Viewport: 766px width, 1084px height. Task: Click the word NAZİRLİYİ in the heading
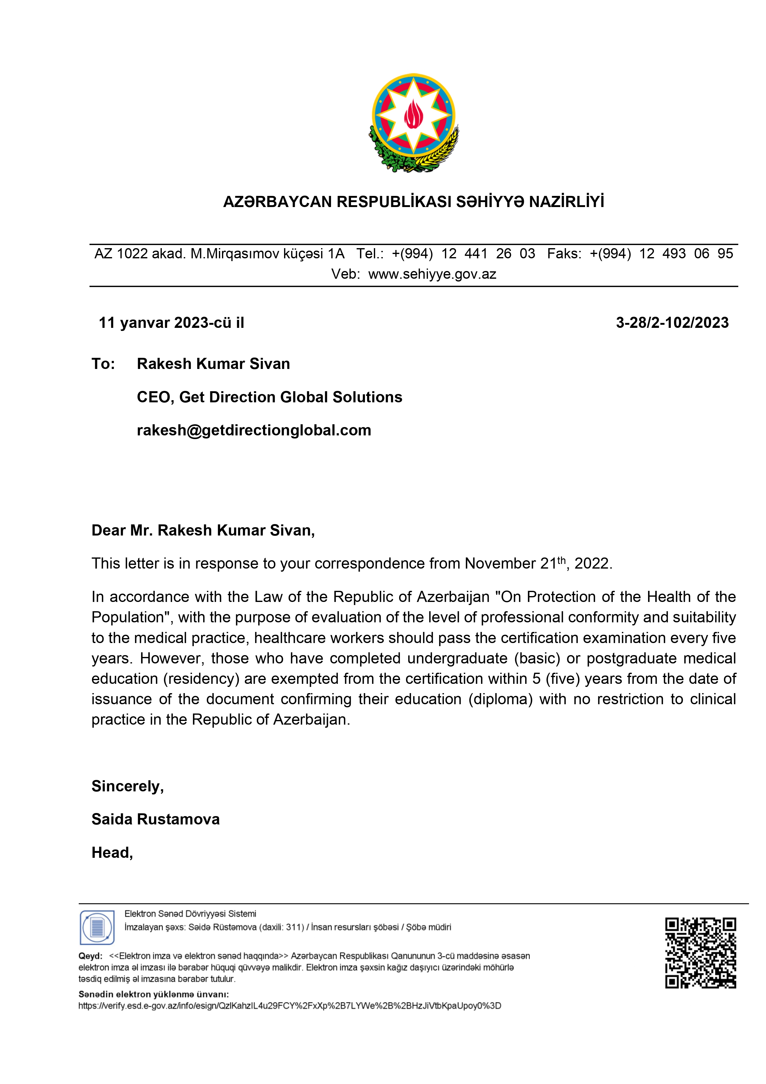tap(567, 202)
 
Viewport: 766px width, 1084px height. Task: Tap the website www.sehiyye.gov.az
tap(432, 274)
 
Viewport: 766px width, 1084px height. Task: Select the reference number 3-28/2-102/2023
tap(672, 323)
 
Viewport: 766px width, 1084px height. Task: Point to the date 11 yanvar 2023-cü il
tap(171, 323)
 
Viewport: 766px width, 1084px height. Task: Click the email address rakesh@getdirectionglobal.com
tap(254, 430)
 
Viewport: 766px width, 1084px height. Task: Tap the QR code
tap(701, 953)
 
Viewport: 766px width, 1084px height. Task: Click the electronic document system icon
tap(97, 927)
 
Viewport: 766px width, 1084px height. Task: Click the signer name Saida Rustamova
tap(156, 819)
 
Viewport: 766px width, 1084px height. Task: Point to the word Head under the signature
tap(112, 853)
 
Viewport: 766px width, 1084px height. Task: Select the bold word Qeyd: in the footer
tap(90, 956)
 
